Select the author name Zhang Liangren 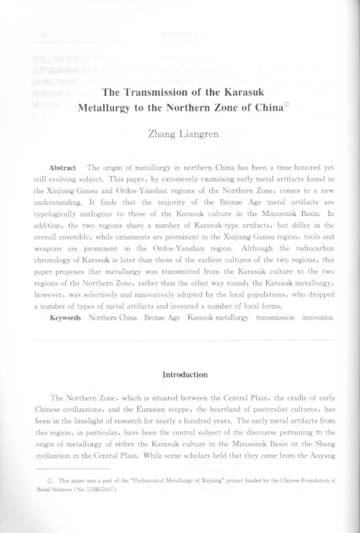(x=180, y=132)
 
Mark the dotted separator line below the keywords (x=180, y=340)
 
